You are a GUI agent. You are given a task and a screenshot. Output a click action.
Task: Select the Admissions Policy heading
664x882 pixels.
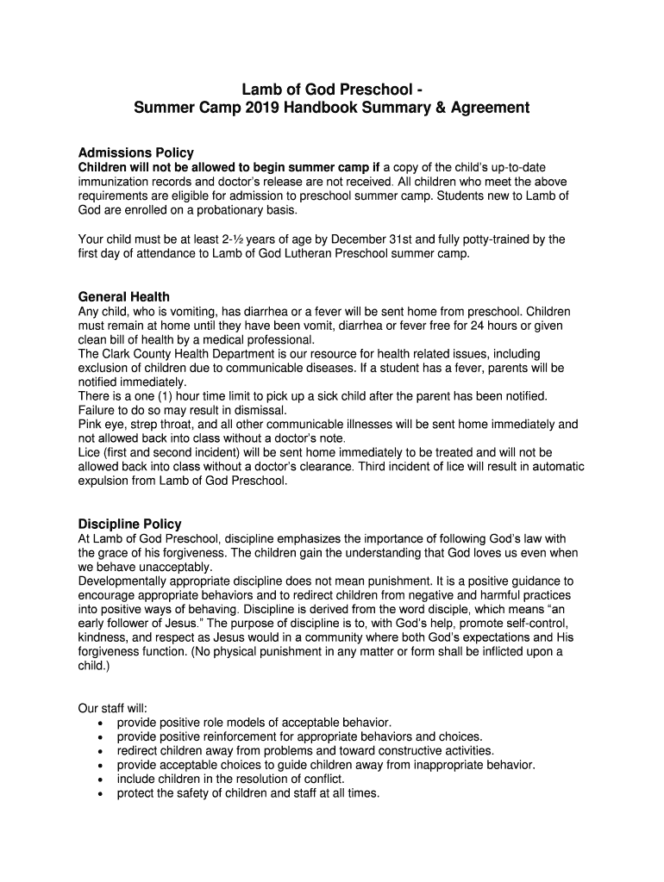pos(135,152)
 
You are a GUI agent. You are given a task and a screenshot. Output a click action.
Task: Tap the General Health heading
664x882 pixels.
pos(123,297)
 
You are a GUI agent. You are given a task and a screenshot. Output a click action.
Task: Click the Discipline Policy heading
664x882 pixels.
pos(129,524)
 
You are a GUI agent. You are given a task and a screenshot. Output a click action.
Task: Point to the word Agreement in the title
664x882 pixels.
pos(486,109)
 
